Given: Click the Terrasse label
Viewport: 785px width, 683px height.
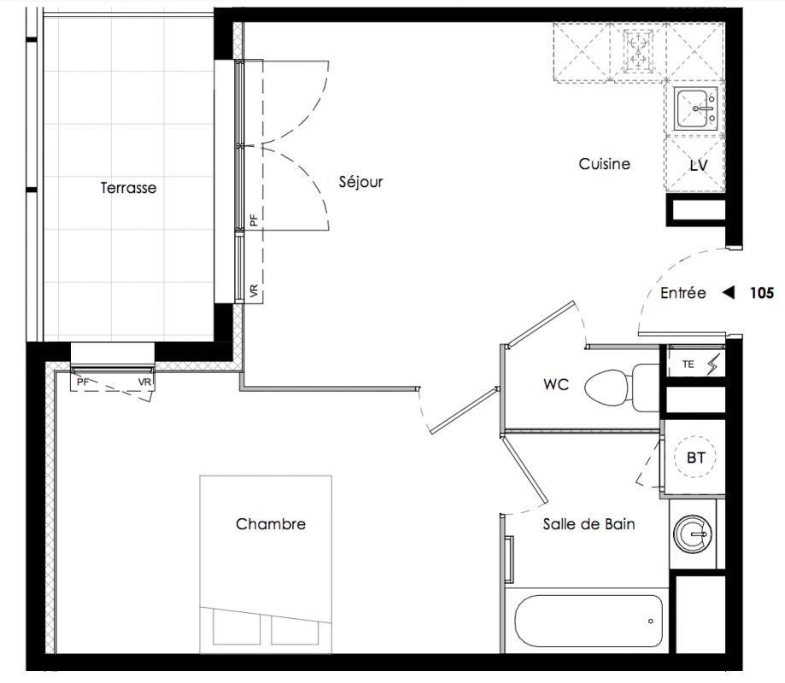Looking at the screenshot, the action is pyautogui.click(x=128, y=188).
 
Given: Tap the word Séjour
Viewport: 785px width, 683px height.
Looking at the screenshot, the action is pyautogui.click(x=360, y=182).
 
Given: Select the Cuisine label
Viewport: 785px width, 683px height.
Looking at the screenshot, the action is pyautogui.click(x=604, y=164).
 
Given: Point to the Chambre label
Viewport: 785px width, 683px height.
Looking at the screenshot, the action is pyautogui.click(x=270, y=524).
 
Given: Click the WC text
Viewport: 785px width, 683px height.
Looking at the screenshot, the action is pyautogui.click(x=556, y=384).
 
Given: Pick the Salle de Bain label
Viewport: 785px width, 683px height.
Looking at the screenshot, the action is pyautogui.click(x=589, y=524).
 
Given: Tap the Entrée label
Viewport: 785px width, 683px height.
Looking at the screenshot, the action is pyautogui.click(x=682, y=293).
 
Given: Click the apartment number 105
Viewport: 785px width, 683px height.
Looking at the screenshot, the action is pyautogui.click(x=761, y=293).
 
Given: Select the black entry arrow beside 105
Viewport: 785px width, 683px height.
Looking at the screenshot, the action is pyautogui.click(x=729, y=292).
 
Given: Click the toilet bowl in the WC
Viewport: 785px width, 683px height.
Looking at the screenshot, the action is pyautogui.click(x=607, y=388).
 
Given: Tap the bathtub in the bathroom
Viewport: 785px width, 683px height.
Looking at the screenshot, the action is pyautogui.click(x=589, y=621).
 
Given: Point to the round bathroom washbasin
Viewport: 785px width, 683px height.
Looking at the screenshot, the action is pyautogui.click(x=693, y=534).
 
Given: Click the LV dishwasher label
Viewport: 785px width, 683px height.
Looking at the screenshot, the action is pyautogui.click(x=699, y=166).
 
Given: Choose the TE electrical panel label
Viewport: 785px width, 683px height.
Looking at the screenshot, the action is pyautogui.click(x=688, y=365).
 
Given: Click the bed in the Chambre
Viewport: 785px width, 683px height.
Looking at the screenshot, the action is pyautogui.click(x=266, y=564).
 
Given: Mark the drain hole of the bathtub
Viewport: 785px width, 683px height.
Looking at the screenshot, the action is pyautogui.click(x=650, y=622).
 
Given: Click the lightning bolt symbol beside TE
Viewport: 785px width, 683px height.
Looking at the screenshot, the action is pyautogui.click(x=713, y=365).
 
